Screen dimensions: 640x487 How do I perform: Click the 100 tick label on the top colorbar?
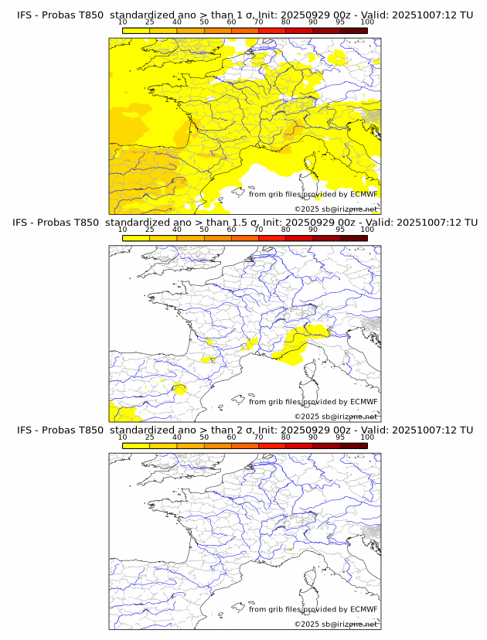pos(367,22)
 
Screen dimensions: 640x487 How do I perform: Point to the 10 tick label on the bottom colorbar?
pos(123,437)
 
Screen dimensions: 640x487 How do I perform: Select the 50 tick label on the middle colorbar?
pos(204,230)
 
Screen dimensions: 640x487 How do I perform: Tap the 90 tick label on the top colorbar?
pos(312,22)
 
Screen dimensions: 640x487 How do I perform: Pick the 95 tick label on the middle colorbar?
pos(340,230)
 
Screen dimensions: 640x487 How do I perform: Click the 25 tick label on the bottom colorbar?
pos(150,437)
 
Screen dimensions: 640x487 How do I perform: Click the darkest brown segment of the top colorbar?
pos(353,30)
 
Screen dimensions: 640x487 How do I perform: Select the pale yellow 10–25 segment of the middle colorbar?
pos(136,238)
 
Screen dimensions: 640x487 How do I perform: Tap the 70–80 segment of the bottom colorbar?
pos(272,445)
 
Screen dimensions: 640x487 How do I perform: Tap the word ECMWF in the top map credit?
pos(363,194)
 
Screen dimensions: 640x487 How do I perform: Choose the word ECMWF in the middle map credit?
pos(363,402)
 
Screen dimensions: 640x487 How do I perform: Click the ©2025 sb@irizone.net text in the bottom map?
pos(335,624)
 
